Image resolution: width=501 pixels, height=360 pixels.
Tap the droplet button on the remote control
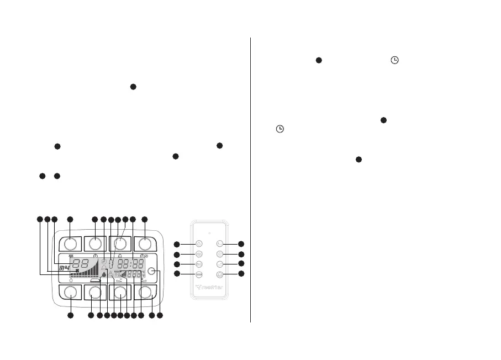click(x=199, y=243)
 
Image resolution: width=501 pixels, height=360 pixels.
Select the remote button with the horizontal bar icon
click(x=199, y=274)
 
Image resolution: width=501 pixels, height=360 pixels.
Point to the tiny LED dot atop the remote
click(x=209, y=232)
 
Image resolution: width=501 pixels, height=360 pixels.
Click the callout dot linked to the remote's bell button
click(x=241, y=274)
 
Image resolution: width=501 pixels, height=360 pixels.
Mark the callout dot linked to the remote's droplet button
click(x=177, y=244)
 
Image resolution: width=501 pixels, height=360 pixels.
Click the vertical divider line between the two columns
click(x=251, y=179)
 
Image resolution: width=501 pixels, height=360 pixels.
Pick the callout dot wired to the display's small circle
click(x=160, y=316)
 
